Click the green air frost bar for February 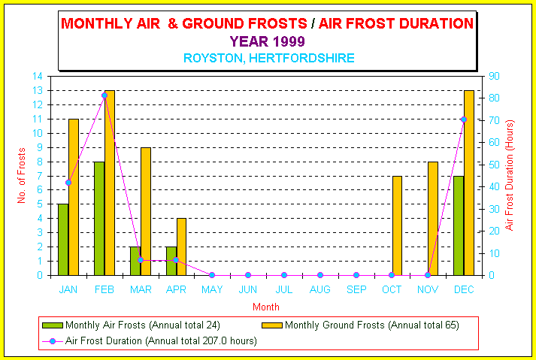(x=99, y=219)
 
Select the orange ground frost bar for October (x=397, y=225)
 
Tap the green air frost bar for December (x=459, y=225)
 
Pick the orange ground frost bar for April (x=181, y=247)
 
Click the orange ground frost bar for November (x=433, y=219)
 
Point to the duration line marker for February (x=104, y=95)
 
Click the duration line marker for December (x=464, y=119)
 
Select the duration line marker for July (x=284, y=275)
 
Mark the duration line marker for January (x=68, y=183)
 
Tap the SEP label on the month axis (x=356, y=290)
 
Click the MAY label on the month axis (x=212, y=290)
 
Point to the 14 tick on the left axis (x=38, y=76)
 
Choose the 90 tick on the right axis (x=494, y=76)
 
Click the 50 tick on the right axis (x=494, y=165)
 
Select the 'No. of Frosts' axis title (x=22, y=176)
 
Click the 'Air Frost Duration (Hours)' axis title (x=510, y=175)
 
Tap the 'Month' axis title (x=266, y=307)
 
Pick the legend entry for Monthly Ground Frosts (x=360, y=325)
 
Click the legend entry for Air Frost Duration (x=150, y=341)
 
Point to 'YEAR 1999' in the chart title (x=268, y=41)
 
